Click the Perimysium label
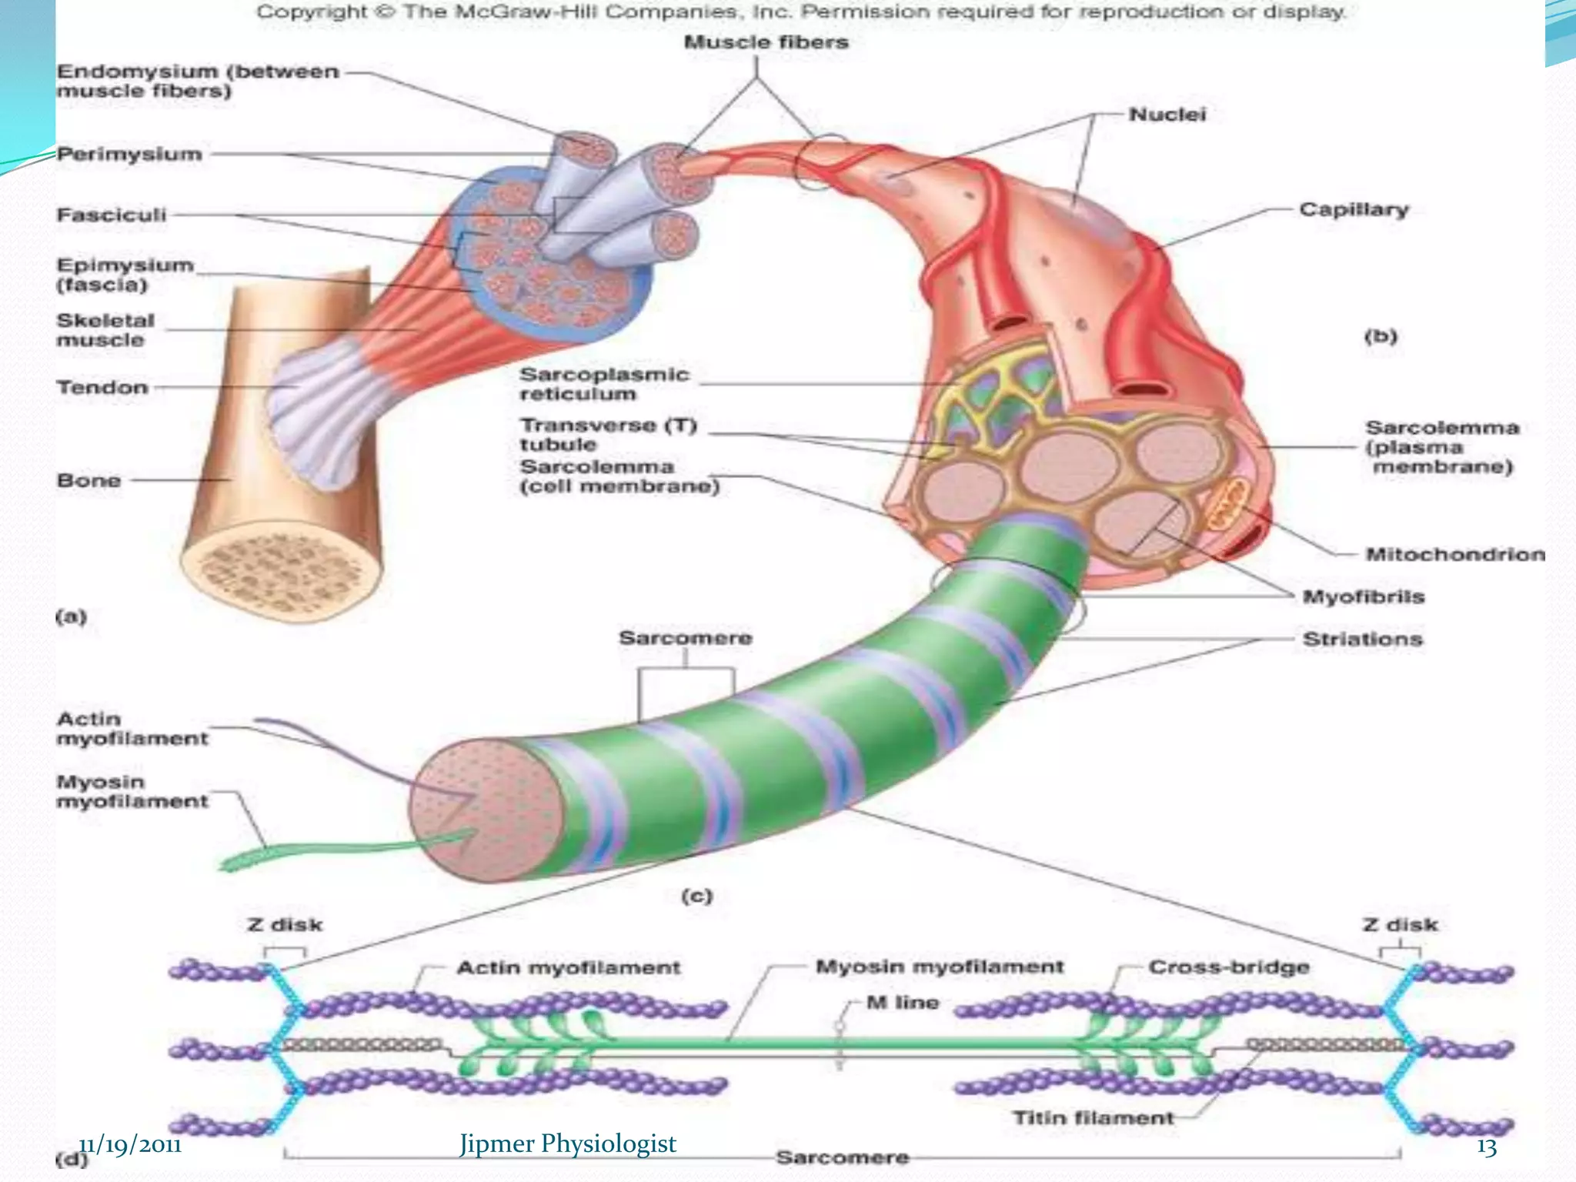(x=129, y=154)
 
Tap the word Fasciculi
(x=112, y=215)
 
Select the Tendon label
(x=102, y=387)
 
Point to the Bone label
(x=89, y=480)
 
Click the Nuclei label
(x=1167, y=115)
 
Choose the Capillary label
(x=1354, y=209)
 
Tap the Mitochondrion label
(x=1454, y=554)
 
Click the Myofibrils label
(x=1363, y=596)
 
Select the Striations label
(x=1362, y=639)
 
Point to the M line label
(x=902, y=1002)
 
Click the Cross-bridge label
(x=1228, y=967)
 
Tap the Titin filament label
(x=1093, y=1117)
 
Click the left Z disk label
(x=285, y=924)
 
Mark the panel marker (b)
(x=1381, y=336)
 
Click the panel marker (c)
(x=697, y=896)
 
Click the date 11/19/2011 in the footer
(x=130, y=1145)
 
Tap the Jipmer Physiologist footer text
(x=568, y=1144)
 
